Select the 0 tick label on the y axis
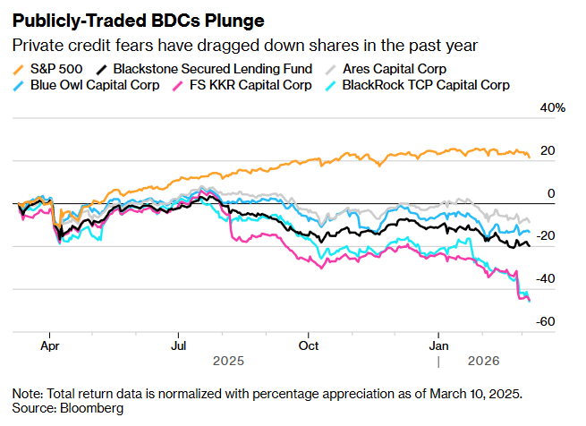point(551,192)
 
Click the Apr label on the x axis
point(50,345)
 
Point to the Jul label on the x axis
point(179,345)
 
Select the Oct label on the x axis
point(309,345)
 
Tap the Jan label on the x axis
point(439,345)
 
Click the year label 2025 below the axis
point(228,362)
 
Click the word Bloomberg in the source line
point(93,408)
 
